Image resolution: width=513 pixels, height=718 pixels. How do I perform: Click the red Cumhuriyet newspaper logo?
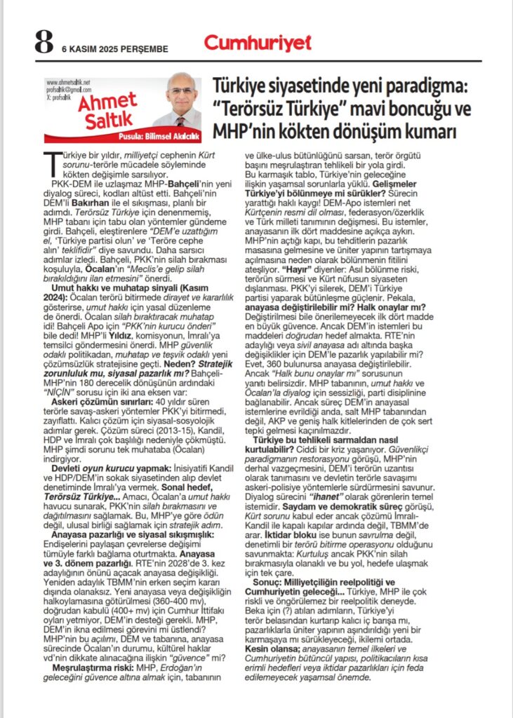tap(258, 43)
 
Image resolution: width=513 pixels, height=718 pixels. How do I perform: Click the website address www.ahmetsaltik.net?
tap(68, 82)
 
